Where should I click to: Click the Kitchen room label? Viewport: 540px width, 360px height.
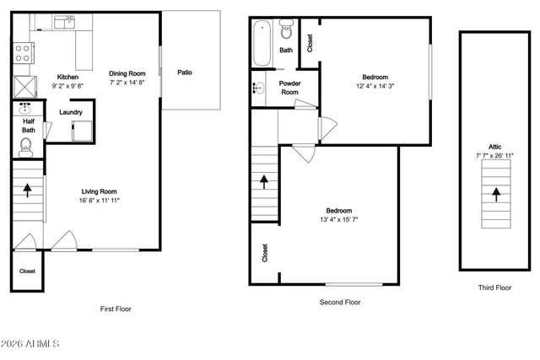pos(67,77)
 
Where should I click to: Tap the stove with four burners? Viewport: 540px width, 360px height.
pos(23,53)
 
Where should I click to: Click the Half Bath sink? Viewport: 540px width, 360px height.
pos(25,109)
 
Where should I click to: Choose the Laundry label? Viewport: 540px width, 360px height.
pos(70,112)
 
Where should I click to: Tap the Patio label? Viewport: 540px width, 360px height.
pos(184,73)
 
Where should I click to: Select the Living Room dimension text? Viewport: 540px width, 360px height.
pos(99,201)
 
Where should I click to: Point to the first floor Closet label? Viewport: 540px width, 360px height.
pos(27,271)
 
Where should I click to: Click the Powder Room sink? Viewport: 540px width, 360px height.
pos(257,87)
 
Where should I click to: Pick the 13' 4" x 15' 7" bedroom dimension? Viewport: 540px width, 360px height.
pos(339,220)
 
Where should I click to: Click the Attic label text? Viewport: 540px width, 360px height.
pos(494,146)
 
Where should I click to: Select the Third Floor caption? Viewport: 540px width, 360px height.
pos(494,287)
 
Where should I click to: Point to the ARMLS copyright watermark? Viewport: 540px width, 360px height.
pos(30,345)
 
